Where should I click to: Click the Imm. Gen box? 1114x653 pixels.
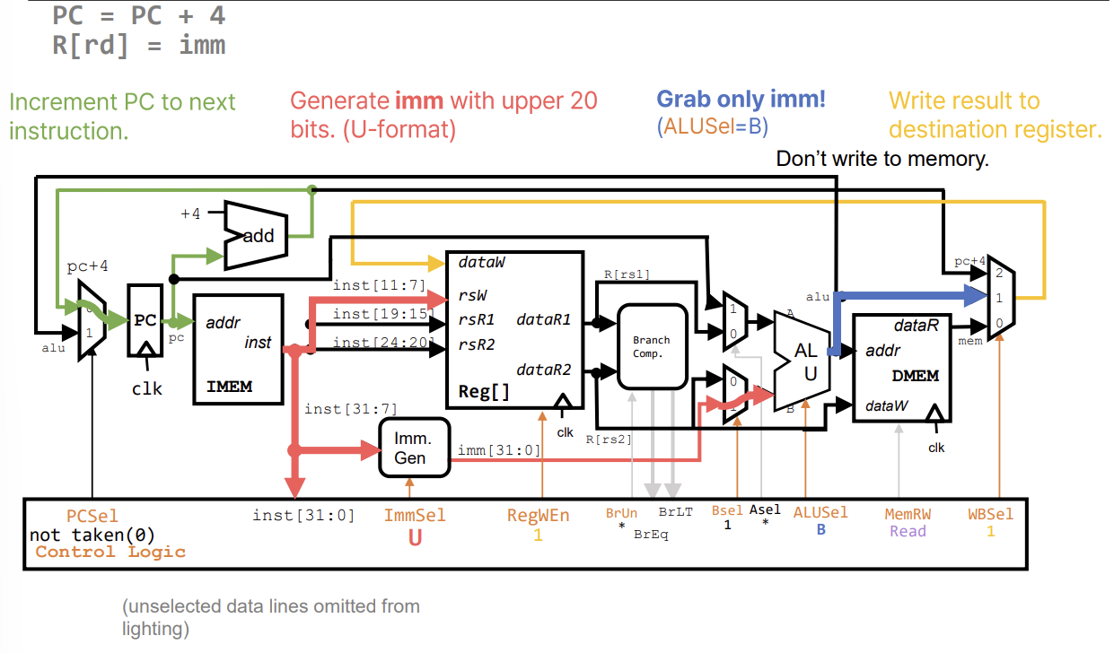413,448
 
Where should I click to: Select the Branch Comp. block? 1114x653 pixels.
652,346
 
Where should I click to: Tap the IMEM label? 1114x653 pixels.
229,387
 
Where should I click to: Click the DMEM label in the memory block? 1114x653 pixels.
915,375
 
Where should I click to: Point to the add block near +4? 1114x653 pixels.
256,236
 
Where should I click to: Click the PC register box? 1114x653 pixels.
145,320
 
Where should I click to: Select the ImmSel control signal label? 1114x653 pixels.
414,515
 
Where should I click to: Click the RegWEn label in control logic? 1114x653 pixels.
538,515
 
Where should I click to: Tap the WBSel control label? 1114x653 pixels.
990,514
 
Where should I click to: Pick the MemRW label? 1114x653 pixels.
908,514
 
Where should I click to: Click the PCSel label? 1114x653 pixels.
92,516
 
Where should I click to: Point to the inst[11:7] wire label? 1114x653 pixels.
366,284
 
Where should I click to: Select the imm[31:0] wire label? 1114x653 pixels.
499,448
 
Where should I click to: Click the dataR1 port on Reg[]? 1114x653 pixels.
544,319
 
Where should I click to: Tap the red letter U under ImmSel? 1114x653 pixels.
415,537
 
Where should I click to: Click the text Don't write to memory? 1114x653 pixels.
882,160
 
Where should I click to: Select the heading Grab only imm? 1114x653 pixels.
741,100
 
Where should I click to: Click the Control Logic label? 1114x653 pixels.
110,552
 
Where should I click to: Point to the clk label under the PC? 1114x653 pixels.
147,388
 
